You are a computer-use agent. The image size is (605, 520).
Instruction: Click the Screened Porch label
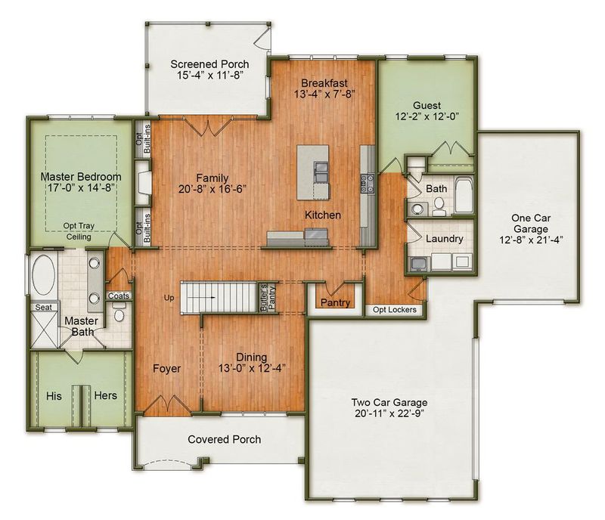click(209, 64)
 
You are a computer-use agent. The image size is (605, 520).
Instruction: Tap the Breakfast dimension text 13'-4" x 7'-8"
click(324, 94)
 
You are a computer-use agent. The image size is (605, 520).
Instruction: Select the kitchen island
click(313, 172)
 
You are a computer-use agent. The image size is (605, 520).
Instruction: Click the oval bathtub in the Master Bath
click(43, 274)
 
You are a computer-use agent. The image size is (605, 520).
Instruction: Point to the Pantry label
click(335, 302)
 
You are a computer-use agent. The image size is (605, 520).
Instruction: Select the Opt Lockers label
click(394, 310)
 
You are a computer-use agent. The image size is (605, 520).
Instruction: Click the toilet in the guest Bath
click(439, 206)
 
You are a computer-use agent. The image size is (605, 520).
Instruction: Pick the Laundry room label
click(444, 239)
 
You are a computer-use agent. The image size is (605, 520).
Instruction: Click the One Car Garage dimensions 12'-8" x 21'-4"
click(531, 240)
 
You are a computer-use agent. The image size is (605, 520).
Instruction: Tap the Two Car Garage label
click(389, 402)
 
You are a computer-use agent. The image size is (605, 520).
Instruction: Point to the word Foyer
click(166, 368)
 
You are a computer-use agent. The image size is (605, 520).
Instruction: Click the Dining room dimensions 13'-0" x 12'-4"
click(252, 368)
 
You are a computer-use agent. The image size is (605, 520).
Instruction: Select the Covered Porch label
click(224, 439)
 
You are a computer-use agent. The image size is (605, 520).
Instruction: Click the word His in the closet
click(54, 396)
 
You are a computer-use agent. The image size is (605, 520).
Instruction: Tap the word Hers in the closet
click(105, 395)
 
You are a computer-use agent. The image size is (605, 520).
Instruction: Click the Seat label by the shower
click(43, 308)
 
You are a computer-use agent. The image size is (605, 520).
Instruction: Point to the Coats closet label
click(119, 296)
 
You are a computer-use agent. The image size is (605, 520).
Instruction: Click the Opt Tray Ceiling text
click(79, 231)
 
